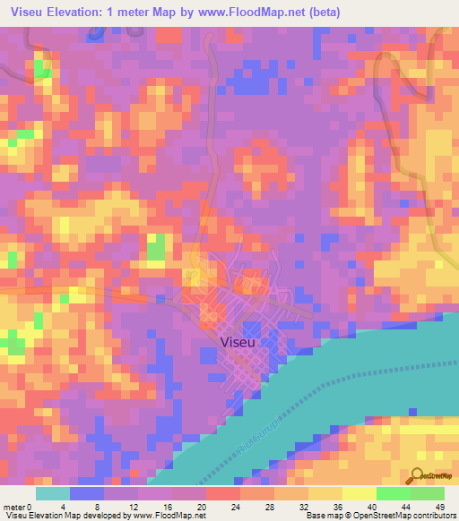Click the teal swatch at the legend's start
click(x=53, y=493)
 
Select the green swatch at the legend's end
click(x=427, y=493)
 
